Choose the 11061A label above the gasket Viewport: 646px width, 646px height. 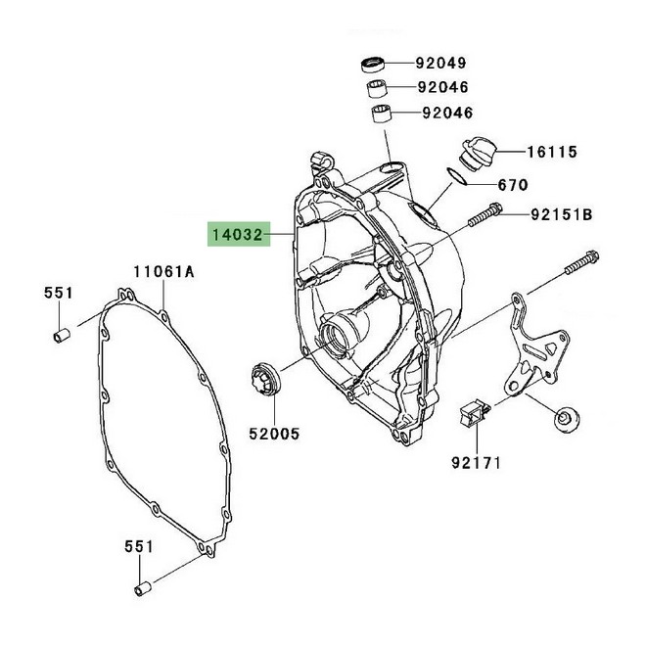164,271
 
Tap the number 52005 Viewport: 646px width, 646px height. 273,432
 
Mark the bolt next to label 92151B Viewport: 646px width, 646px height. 486,214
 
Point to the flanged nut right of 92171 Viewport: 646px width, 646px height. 566,420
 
